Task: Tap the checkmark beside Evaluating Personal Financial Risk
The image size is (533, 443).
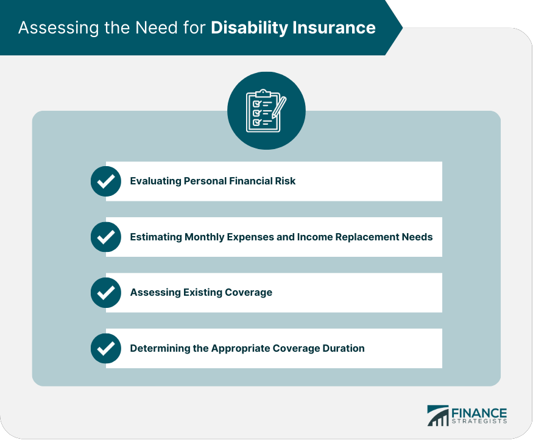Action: pyautogui.click(x=106, y=181)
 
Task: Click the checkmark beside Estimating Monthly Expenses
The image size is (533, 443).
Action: pyautogui.click(x=106, y=237)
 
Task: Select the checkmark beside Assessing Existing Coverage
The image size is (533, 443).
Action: pyautogui.click(x=106, y=293)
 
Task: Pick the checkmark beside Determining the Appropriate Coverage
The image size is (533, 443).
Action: pyautogui.click(x=106, y=349)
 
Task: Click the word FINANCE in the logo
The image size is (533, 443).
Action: pyautogui.click(x=479, y=412)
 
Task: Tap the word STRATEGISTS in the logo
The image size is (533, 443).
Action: pyautogui.click(x=479, y=421)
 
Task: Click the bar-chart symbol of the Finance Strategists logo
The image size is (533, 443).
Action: pyautogui.click(x=437, y=416)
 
